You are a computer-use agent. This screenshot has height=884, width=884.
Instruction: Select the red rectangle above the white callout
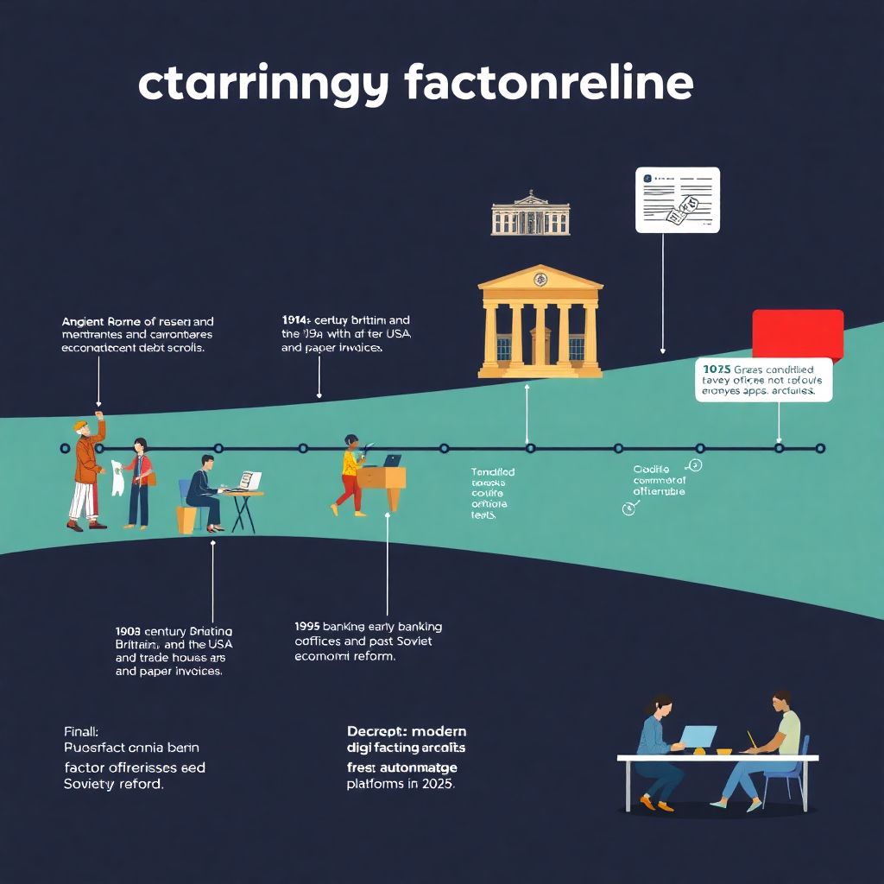[x=797, y=333]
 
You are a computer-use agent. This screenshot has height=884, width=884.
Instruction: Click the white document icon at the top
[x=677, y=199]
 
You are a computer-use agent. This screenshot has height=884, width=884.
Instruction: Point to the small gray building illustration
[x=530, y=214]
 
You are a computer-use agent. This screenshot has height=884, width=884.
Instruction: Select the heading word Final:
[x=82, y=730]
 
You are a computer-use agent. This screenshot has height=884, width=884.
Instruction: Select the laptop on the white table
[x=698, y=736]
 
